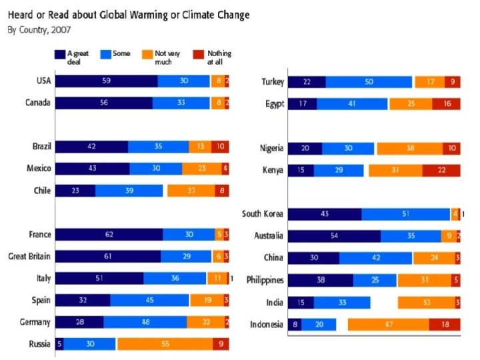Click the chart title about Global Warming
coord(129,15)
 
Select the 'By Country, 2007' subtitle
coord(39,30)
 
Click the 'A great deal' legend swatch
coord(59,54)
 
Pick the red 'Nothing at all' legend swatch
coord(199,54)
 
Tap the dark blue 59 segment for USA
coord(106,81)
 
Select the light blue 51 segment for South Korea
coord(405,214)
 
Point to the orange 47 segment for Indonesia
coord(388,325)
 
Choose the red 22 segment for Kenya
coord(441,171)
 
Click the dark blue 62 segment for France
coord(109,235)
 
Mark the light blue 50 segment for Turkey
coord(369,82)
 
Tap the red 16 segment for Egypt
coord(446,104)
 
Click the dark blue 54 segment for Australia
coord(334,236)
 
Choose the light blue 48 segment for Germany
coord(145,323)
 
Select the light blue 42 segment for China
coord(376,258)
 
